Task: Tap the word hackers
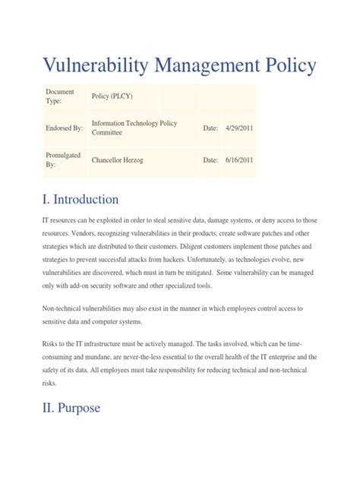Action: [x=188, y=262]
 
